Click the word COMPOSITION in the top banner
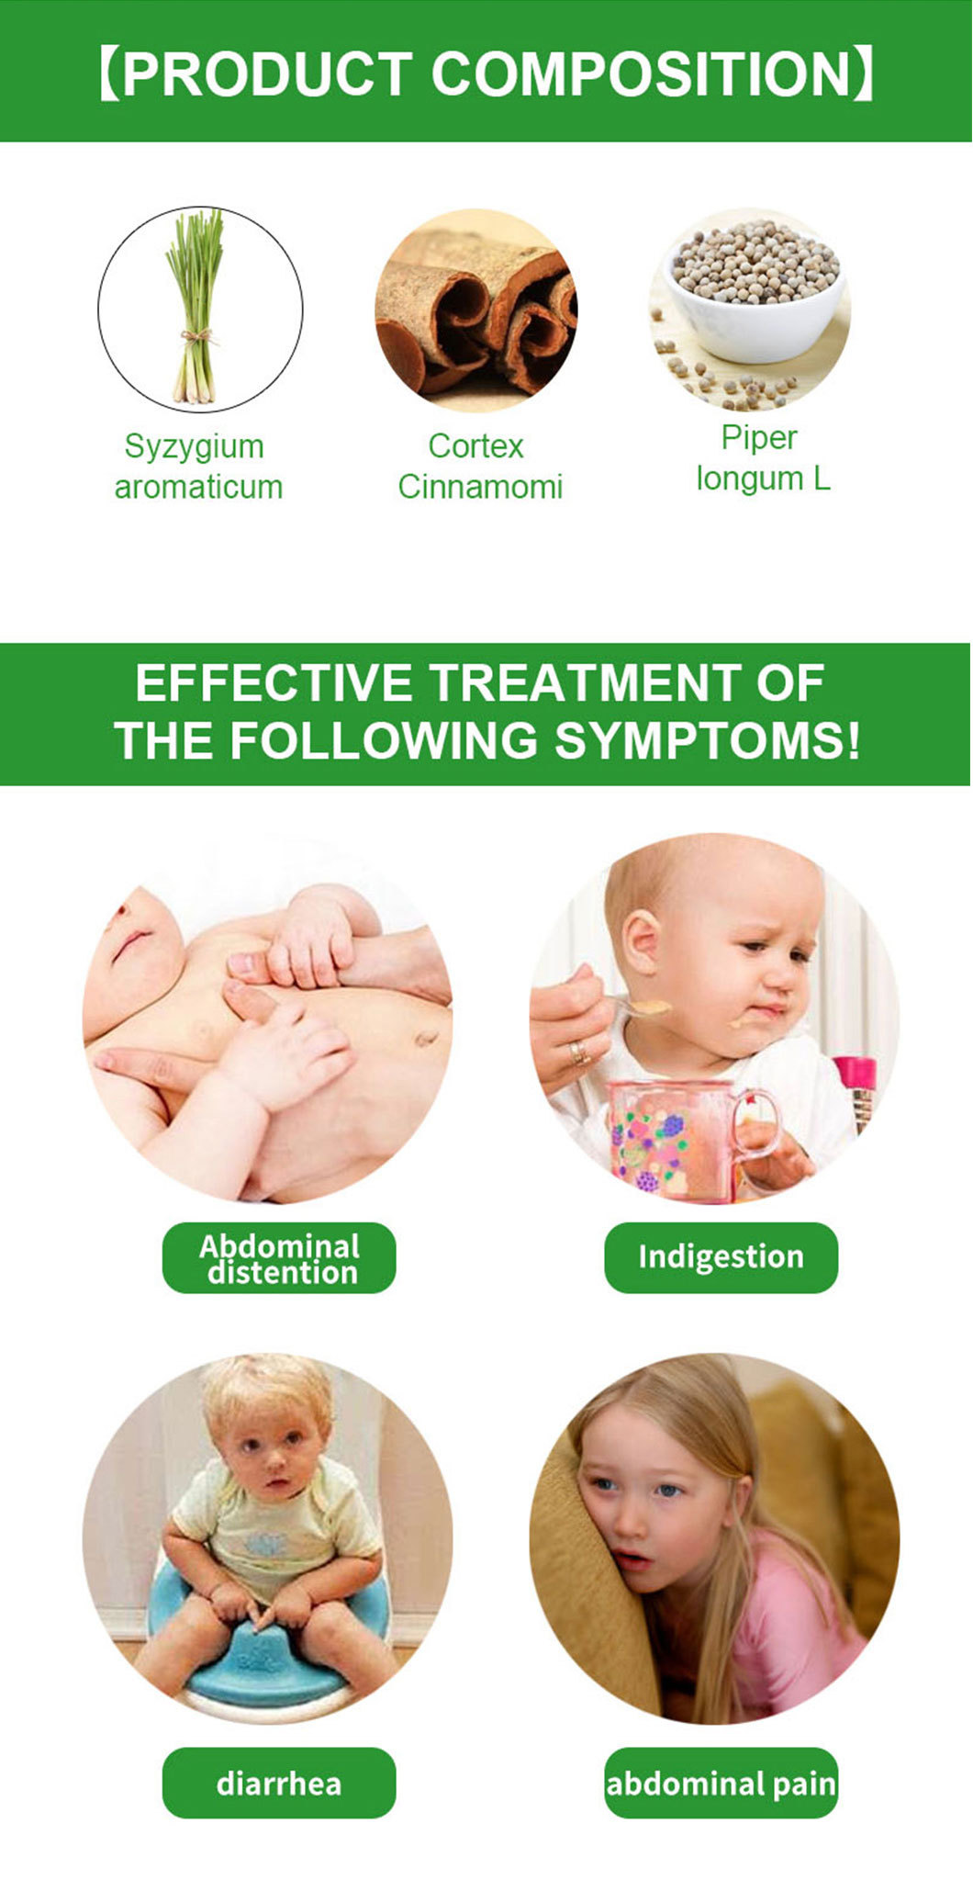tap(643, 73)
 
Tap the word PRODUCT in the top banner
tap(265, 73)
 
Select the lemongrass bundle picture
tap(196, 307)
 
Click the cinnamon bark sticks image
tap(475, 310)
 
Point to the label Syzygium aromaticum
tap(197, 467)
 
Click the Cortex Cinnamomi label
tap(479, 467)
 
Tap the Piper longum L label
tap(762, 458)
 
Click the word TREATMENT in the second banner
tap(584, 682)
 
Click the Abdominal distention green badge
tap(279, 1258)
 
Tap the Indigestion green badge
tap(721, 1257)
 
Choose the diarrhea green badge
tap(279, 1784)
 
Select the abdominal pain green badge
tap(721, 1784)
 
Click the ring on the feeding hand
tap(579, 1053)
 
